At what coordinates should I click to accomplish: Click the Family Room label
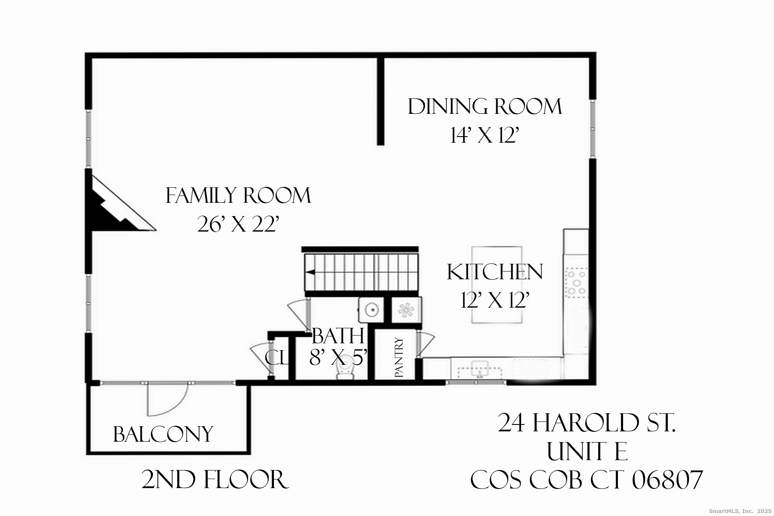(x=238, y=196)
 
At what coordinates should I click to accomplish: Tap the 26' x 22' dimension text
(x=238, y=224)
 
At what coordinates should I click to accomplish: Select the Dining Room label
(x=485, y=107)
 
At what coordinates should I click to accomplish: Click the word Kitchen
(x=495, y=272)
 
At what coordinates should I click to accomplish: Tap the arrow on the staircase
(x=310, y=272)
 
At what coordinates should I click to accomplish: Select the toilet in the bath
(x=344, y=372)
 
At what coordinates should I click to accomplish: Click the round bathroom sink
(x=371, y=309)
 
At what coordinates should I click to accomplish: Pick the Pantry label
(x=399, y=358)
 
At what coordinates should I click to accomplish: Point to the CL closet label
(x=276, y=358)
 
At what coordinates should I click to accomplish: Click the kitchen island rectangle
(x=497, y=284)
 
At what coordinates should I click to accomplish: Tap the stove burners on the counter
(x=576, y=282)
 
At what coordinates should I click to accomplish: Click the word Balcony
(x=163, y=434)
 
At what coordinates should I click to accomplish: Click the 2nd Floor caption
(x=215, y=480)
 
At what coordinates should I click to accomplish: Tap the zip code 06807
(x=667, y=480)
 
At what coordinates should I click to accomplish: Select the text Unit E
(x=587, y=452)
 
